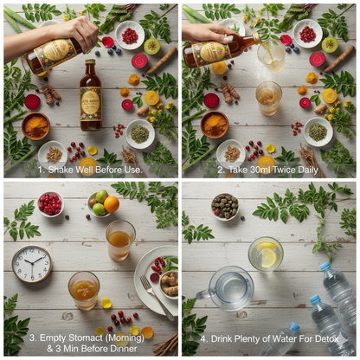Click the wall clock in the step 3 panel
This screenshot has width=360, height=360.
(x=32, y=264)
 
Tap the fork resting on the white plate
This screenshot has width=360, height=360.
(x=156, y=297)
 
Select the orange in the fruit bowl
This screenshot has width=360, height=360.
(x=112, y=204)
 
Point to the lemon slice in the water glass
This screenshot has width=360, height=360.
(x=268, y=255)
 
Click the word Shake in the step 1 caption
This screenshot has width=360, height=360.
(x=60, y=170)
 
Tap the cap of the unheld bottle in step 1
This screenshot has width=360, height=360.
(x=90, y=61)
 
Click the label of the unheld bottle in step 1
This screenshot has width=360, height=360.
(x=91, y=104)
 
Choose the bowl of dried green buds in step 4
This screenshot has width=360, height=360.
(x=225, y=207)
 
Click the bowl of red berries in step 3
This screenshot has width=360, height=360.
(x=50, y=204)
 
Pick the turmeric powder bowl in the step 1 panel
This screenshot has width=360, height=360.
(x=35, y=126)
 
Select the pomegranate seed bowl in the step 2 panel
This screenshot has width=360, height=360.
(x=307, y=34)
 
